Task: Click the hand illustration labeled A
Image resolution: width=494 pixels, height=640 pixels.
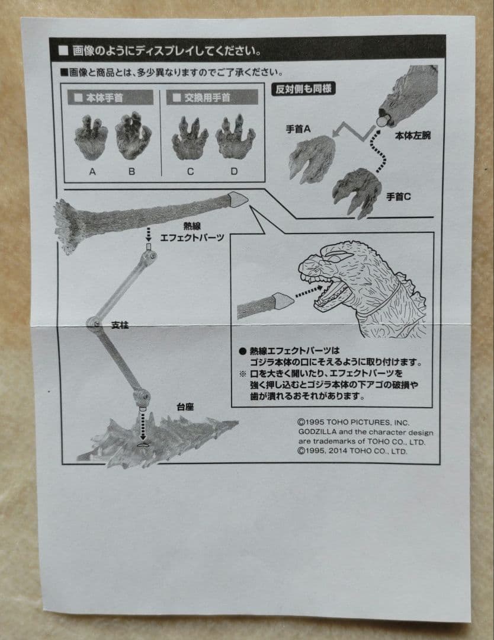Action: [91, 137]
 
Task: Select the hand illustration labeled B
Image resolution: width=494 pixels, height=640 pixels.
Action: [133, 136]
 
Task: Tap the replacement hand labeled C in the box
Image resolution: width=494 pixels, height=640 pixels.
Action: [190, 139]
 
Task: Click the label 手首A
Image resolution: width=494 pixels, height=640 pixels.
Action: [298, 129]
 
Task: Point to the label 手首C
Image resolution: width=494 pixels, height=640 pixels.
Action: [398, 197]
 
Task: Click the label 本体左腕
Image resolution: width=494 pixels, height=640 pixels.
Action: [412, 136]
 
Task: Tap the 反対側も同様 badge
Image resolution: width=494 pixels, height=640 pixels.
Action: [303, 89]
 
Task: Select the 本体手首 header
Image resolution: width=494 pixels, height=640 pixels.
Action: [110, 98]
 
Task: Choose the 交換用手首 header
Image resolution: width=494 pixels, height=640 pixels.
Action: [212, 98]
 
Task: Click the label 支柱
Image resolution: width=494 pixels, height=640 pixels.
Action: [120, 325]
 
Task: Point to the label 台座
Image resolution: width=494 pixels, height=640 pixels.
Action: [185, 407]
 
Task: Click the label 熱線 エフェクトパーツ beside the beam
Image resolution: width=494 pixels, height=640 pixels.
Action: [192, 232]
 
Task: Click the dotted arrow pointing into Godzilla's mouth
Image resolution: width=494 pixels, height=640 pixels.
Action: [309, 292]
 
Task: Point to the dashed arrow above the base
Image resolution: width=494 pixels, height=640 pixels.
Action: [142, 425]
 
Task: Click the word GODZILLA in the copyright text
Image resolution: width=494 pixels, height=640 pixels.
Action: [317, 432]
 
